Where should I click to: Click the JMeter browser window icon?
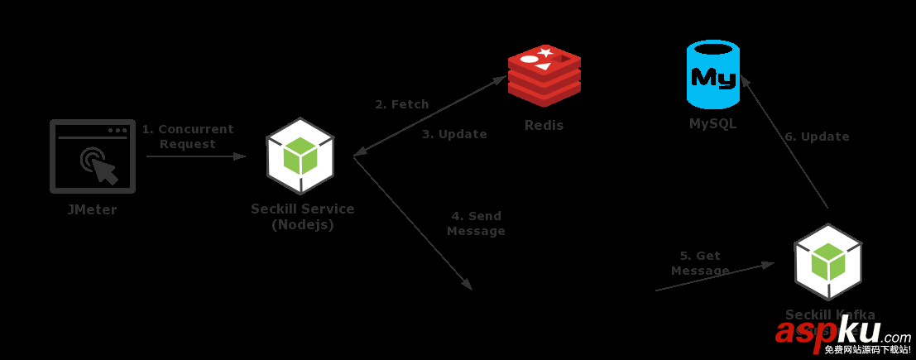coord(92,156)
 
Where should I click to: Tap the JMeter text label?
coord(92,210)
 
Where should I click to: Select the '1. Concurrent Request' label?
coord(188,137)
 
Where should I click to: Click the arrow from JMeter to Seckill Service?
coord(196,156)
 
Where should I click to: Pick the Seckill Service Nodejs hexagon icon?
coord(300,156)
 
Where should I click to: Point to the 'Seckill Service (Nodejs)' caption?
coord(303,217)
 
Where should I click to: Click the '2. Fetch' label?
coord(402,105)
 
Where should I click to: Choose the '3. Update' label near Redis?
coord(454,134)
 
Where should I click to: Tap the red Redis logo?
coord(544,76)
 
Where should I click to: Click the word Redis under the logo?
coord(544,126)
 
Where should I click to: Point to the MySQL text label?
coord(712,124)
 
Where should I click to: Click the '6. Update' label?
coord(817,137)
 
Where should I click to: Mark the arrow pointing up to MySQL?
coord(784,141)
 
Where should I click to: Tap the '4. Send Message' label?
coord(476,223)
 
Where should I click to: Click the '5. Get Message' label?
coord(700,263)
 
